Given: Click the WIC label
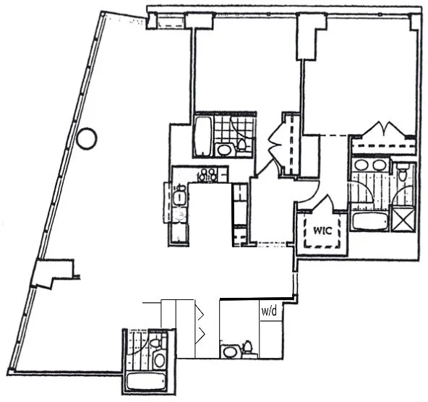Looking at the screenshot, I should tap(322, 232).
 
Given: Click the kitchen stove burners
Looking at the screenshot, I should tap(208, 174).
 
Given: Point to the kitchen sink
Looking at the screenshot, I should tap(179, 196).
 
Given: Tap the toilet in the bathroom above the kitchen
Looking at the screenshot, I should tap(242, 147).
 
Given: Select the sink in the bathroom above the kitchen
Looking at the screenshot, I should tap(224, 150).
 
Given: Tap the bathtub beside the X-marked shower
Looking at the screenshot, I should tap(369, 218).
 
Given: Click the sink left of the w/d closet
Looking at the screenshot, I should tap(231, 351).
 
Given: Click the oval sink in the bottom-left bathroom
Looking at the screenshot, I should tap(159, 359).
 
